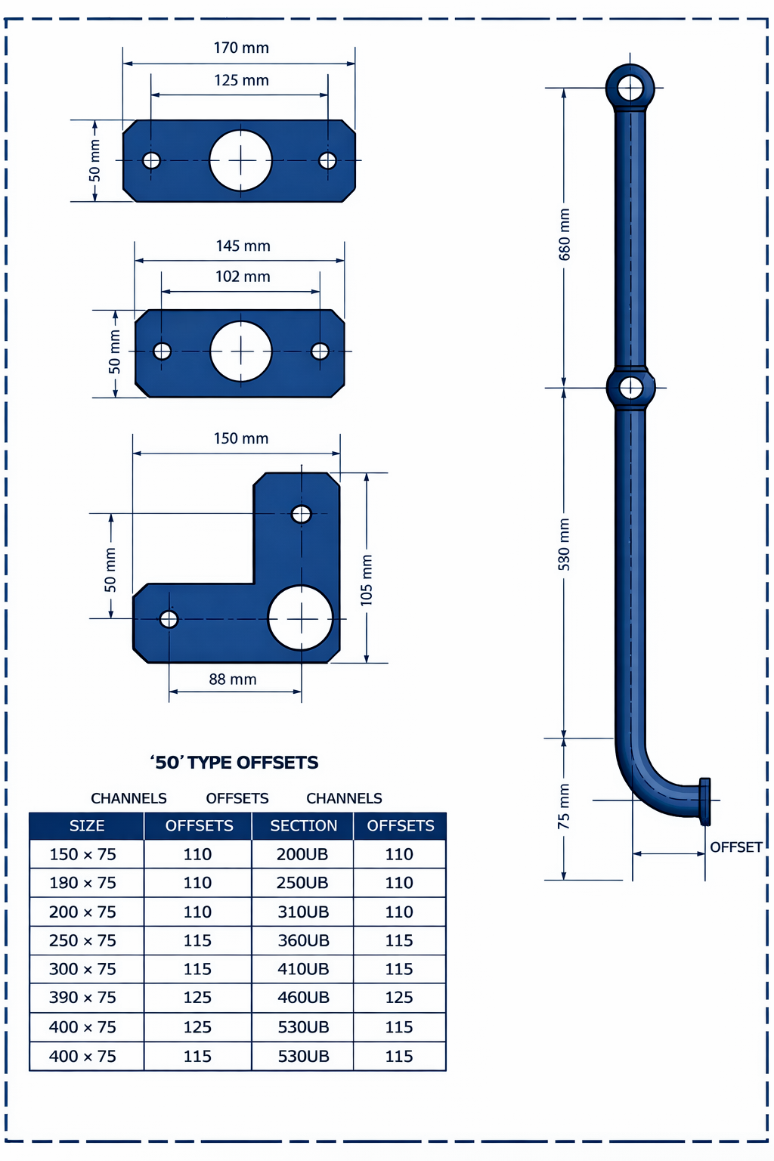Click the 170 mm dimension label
point(241,48)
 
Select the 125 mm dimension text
point(241,80)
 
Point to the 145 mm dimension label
point(243,246)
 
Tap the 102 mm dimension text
point(243,277)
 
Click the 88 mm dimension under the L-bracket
point(233,680)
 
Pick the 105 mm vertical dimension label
point(367,580)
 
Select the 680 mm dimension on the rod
point(565,235)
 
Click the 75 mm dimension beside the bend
point(565,807)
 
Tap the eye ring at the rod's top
point(630,88)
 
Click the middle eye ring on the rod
point(630,389)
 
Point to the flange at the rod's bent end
point(704,800)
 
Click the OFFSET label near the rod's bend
point(735,847)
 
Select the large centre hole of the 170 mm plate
point(240,160)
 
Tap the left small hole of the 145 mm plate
point(162,351)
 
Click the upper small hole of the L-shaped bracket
point(301,515)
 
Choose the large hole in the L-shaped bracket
point(301,618)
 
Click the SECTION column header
point(303,826)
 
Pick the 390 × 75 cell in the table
point(83,998)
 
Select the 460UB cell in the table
point(303,998)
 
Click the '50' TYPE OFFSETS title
point(234,763)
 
